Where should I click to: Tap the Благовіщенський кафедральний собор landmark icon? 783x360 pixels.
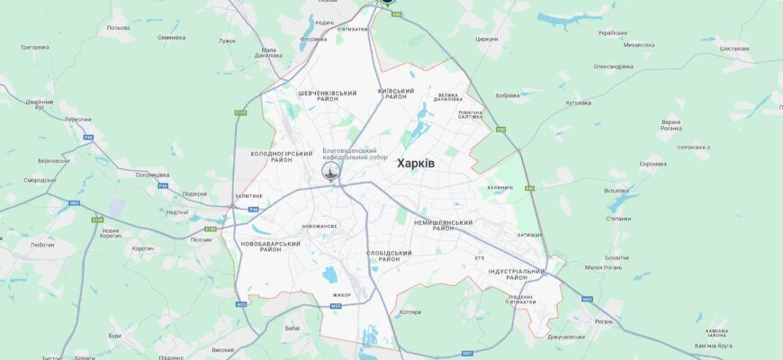332,171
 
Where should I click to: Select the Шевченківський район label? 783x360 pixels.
327,95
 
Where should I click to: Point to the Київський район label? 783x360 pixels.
396,94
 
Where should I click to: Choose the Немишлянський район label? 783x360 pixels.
443,225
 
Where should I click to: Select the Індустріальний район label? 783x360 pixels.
516,274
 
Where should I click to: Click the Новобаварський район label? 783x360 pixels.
270,246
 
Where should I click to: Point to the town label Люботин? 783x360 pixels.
42,244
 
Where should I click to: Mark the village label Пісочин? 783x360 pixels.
201,239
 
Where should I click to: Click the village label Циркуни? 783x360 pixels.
487,39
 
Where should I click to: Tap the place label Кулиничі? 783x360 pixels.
499,187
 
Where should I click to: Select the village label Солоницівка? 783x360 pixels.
152,175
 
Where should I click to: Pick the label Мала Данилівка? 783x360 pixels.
268,53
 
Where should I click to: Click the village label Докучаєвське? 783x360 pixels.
566,337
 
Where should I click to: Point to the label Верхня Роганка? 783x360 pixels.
670,124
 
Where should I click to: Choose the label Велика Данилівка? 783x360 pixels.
447,98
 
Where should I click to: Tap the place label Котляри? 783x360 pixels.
409,312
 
